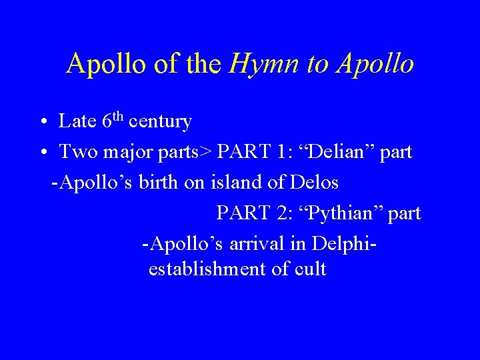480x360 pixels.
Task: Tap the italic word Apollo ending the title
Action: click(375, 64)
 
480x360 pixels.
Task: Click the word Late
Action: click(77, 121)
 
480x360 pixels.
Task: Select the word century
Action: click(161, 122)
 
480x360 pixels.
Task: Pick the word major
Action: click(127, 153)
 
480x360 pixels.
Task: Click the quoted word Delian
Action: click(343, 152)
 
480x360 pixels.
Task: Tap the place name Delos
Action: click(314, 182)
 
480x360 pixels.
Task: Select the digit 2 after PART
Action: click(279, 213)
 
